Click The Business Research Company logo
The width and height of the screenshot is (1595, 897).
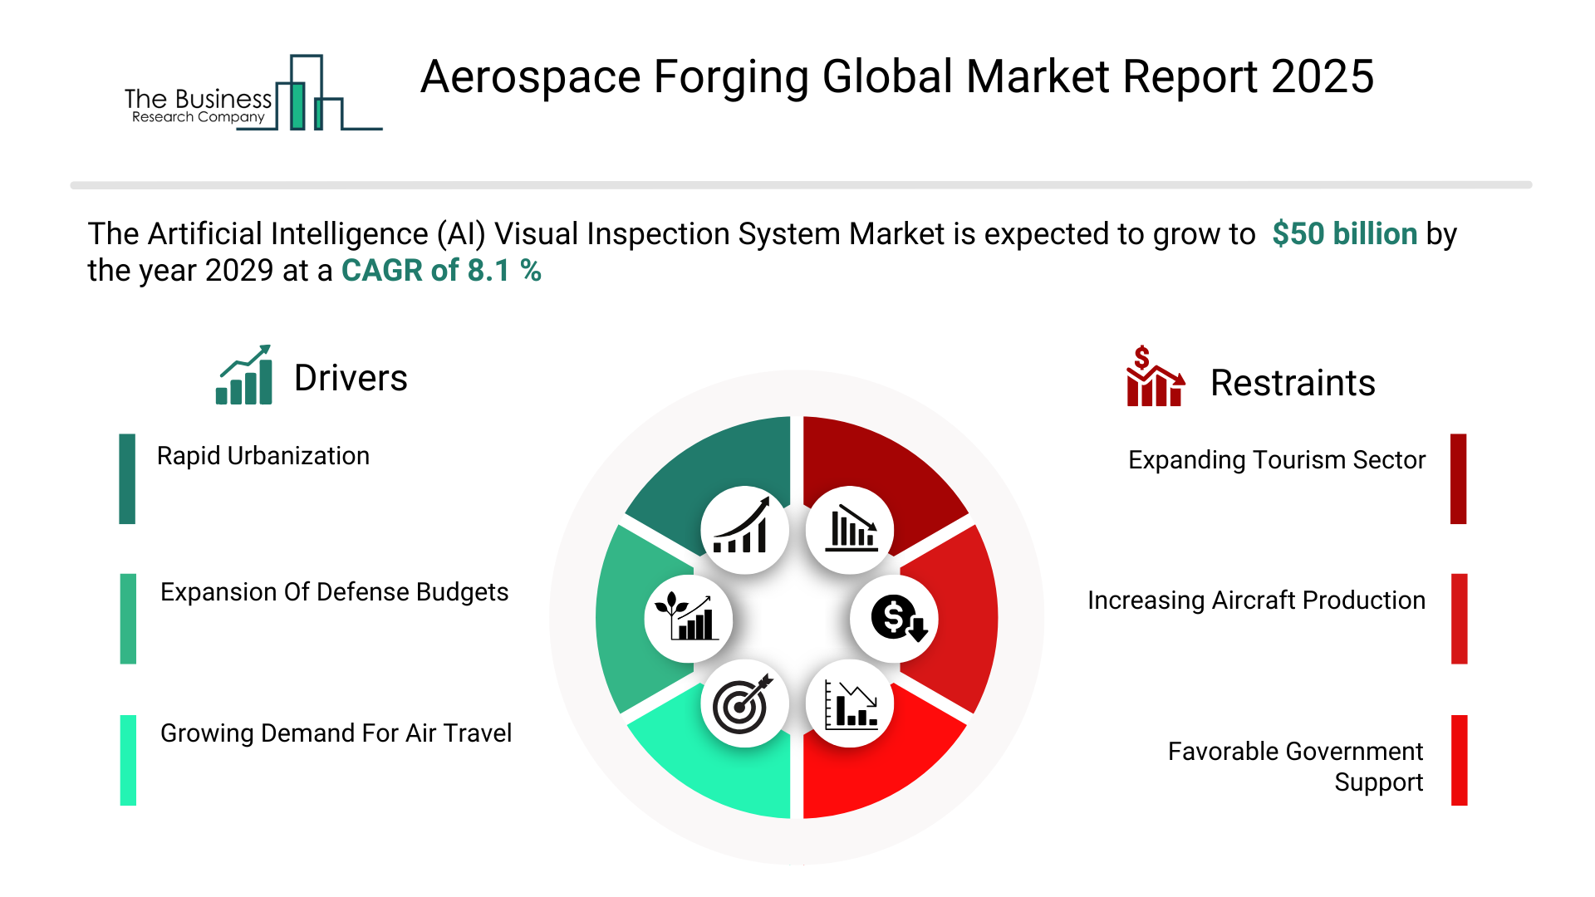click(253, 93)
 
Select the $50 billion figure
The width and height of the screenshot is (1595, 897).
click(1344, 234)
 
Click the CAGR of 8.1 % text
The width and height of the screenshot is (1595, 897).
click(441, 271)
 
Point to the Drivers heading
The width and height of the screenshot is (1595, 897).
click(351, 379)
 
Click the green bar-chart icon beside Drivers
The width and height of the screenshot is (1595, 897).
click(244, 375)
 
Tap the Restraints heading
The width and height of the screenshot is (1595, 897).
click(1293, 383)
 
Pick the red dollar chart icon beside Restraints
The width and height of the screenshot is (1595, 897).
click(1155, 376)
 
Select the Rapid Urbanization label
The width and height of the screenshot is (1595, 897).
click(263, 456)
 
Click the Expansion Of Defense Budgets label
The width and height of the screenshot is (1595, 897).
click(334, 592)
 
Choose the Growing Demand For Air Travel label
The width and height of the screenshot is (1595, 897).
click(336, 733)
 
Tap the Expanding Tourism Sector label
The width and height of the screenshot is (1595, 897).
click(1277, 460)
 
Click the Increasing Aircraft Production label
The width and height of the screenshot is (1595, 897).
click(1256, 600)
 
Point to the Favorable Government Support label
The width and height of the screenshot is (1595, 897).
click(1296, 767)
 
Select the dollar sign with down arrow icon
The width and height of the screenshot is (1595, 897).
click(899, 619)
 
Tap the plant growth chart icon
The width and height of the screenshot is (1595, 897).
click(687, 616)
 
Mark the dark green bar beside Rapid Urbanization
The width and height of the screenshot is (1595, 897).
click(127, 478)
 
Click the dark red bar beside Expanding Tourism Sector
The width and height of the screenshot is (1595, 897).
click(1459, 478)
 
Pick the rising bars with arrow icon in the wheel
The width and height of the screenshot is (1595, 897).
click(742, 526)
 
